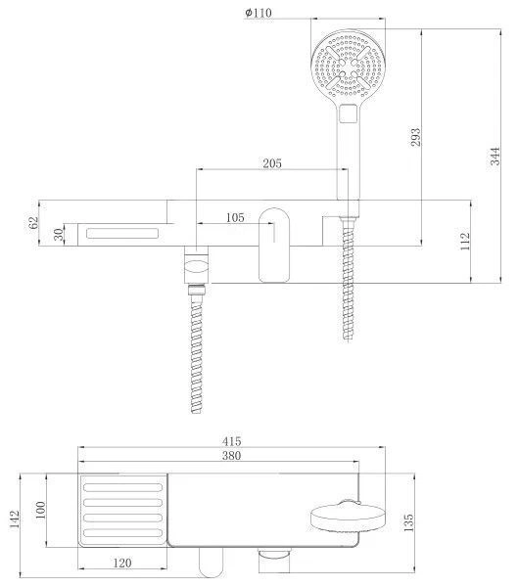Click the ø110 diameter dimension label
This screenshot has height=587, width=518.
click(259, 13)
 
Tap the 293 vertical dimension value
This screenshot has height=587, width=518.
click(415, 137)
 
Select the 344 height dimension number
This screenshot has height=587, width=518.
click(494, 157)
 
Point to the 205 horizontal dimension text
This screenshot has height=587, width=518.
click(272, 163)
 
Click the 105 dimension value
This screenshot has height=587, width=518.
click(235, 217)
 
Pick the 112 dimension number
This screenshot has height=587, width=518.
click(464, 242)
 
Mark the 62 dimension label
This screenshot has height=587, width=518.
click(33, 223)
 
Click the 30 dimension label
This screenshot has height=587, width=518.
click(58, 235)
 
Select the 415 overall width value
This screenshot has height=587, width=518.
click(231, 441)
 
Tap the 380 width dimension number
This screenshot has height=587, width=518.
click(231, 456)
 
